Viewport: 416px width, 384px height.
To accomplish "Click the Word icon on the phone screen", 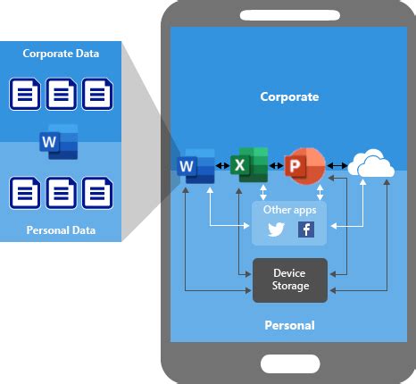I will tap(196, 165).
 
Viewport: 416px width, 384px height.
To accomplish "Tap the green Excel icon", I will tap(248, 165).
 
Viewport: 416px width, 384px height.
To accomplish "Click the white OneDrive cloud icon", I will tap(370, 164).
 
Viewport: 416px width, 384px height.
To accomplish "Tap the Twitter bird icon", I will tap(276, 230).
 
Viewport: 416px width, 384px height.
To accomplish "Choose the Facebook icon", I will tap(305, 230).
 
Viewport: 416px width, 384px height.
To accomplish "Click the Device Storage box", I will tap(290, 280).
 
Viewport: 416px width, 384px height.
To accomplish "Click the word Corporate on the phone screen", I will tap(289, 96).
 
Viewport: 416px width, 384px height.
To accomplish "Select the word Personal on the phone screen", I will tap(289, 325).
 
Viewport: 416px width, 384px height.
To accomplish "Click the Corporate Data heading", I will tap(61, 54).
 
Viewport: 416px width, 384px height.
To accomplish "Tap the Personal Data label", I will tap(61, 230).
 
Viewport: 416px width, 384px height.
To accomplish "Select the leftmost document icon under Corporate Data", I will tap(24, 94).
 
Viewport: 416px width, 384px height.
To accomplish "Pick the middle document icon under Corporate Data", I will tap(61, 94).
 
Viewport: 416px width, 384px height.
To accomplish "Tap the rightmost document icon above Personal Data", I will tap(96, 192).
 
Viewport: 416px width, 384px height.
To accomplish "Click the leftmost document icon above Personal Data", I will tap(24, 192).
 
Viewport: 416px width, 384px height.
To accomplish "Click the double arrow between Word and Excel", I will tap(222, 166).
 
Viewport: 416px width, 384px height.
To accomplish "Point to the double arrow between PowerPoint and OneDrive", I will tap(337, 166).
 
